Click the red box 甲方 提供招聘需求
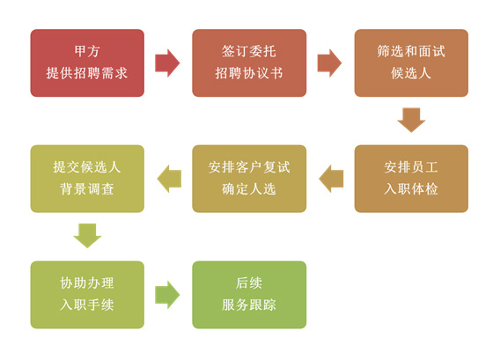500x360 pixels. [x=87, y=62]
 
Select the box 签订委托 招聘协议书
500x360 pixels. [x=249, y=62]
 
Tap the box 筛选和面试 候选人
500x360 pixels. [x=411, y=62]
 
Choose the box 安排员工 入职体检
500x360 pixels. [x=411, y=179]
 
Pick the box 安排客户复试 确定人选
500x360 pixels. [x=249, y=179]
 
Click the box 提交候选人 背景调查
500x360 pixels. [x=87, y=179]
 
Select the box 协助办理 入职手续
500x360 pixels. [x=87, y=295]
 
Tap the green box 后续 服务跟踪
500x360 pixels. [x=249, y=295]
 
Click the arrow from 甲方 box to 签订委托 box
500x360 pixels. [x=167, y=62]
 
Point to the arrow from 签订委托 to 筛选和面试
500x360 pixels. [x=329, y=62]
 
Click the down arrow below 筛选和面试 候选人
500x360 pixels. [x=411, y=121]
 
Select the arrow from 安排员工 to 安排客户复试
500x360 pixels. [x=331, y=179]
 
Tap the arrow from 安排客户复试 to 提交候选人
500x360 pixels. [x=169, y=179]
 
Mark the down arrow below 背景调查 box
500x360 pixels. [x=87, y=236]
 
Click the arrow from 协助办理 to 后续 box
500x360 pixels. [x=167, y=295]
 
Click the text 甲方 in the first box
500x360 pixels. [x=87, y=51]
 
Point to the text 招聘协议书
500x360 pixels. [x=249, y=73]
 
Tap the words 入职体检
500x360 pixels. [x=411, y=189]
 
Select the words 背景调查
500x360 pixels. [x=87, y=189]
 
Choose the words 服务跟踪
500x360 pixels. [x=249, y=305]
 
